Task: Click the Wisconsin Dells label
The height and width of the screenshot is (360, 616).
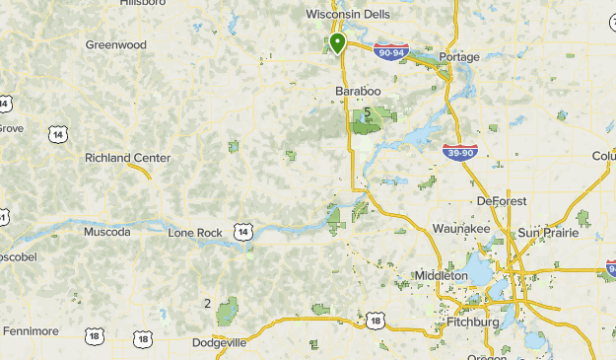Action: [348, 15]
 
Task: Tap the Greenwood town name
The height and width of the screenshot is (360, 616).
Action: [115, 45]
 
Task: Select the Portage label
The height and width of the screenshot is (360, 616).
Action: [459, 57]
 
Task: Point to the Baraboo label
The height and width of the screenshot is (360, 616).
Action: [357, 91]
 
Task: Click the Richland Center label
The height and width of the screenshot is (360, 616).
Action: [127, 158]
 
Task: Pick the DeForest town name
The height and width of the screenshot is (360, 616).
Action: [502, 201]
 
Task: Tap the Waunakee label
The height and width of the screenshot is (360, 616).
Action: [461, 229]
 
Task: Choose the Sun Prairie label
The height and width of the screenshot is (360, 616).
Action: [546, 232]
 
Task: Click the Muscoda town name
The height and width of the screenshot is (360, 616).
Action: [107, 233]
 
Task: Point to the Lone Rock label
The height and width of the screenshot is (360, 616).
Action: [194, 233]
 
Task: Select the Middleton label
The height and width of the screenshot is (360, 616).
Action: [441, 276]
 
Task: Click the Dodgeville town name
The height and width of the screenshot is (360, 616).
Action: [217, 342]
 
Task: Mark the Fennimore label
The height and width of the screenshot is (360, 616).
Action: [31, 331]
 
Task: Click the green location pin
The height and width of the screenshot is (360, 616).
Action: [337, 42]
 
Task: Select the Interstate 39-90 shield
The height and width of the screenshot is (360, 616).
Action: [460, 151]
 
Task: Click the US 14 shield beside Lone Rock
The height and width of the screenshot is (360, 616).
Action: [242, 231]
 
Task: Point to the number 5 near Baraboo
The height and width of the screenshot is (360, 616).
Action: [367, 112]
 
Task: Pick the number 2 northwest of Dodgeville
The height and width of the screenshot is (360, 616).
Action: [207, 303]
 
